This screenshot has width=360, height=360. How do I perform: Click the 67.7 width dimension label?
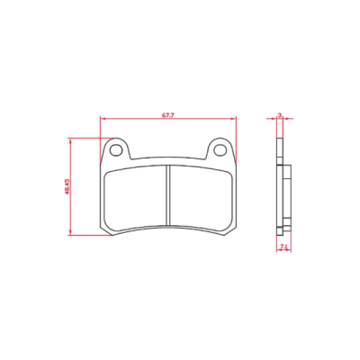pyautogui.click(x=168, y=115)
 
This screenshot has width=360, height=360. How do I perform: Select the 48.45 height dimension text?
pyautogui.click(x=67, y=186)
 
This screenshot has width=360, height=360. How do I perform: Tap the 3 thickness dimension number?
pyautogui.click(x=280, y=115)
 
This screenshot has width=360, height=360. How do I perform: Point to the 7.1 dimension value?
pyautogui.click(x=283, y=247)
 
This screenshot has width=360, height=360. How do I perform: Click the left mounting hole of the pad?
pyautogui.click(x=115, y=150)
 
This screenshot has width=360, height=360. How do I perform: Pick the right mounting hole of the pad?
pyautogui.click(x=220, y=150)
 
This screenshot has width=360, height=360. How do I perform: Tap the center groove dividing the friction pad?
pyautogui.click(x=168, y=195)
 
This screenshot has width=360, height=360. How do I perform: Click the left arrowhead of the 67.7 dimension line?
pyautogui.click(x=103, y=119)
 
